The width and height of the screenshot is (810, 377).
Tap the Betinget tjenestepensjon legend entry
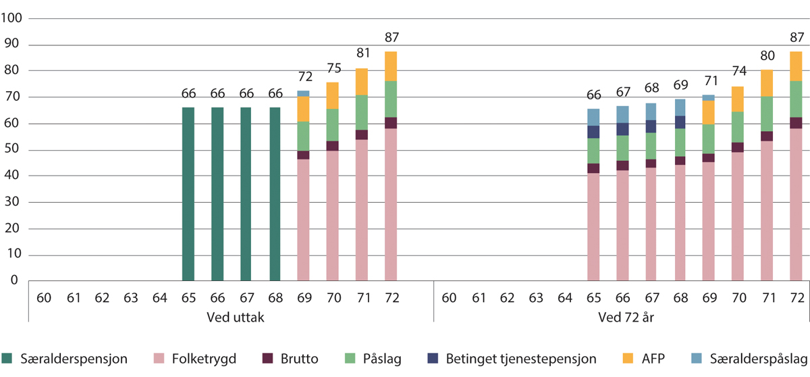[x=503, y=359]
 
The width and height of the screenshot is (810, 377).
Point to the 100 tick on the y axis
[x=13, y=19]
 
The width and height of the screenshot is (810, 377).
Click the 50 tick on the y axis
[x=16, y=150]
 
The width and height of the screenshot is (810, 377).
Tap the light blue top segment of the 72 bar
[x=304, y=93]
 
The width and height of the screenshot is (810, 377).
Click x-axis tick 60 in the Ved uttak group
[x=43, y=297]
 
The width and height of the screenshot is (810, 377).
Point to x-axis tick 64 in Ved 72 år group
[x=564, y=297]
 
